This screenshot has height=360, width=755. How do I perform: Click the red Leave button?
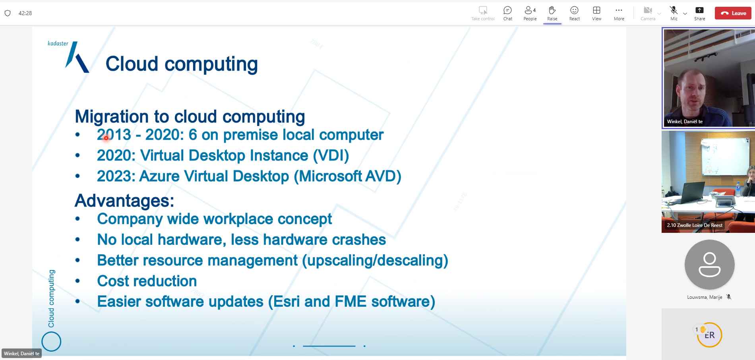tap(734, 13)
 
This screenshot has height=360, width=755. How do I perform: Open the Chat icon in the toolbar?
tap(507, 10)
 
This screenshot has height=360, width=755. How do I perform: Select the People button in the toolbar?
tap(530, 10)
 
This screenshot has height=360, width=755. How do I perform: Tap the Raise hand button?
tap(552, 10)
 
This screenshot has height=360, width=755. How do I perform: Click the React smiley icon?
tap(574, 10)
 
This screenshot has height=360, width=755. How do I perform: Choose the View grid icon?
tap(596, 10)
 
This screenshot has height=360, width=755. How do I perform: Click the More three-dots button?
tap(619, 10)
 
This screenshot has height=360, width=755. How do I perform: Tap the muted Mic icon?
tap(674, 10)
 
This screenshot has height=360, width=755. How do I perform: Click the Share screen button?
tap(699, 10)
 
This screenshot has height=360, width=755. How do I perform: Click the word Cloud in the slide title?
tap(132, 64)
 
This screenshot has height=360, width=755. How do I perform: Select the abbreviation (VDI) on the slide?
tap(331, 155)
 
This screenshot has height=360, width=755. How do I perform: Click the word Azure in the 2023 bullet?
tap(159, 176)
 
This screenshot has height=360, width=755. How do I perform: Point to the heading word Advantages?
tap(124, 201)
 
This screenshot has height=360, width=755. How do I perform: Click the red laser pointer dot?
tap(106, 138)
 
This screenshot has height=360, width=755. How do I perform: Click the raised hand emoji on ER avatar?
tap(703, 329)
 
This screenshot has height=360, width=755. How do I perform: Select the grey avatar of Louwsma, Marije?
tap(709, 265)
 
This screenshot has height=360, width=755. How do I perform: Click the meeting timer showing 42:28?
tap(25, 13)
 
